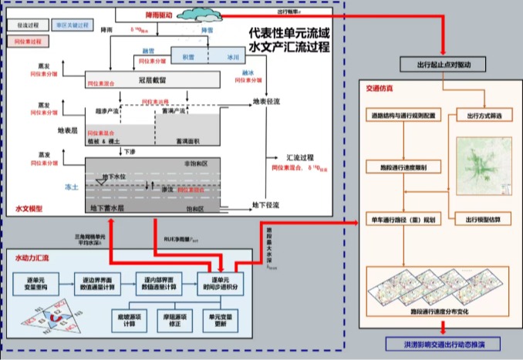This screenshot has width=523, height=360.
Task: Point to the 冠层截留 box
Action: [153, 79]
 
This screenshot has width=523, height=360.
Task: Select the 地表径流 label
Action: [268, 101]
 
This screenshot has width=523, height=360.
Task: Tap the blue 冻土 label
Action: [69, 187]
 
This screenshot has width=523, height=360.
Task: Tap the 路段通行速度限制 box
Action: [400, 166]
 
